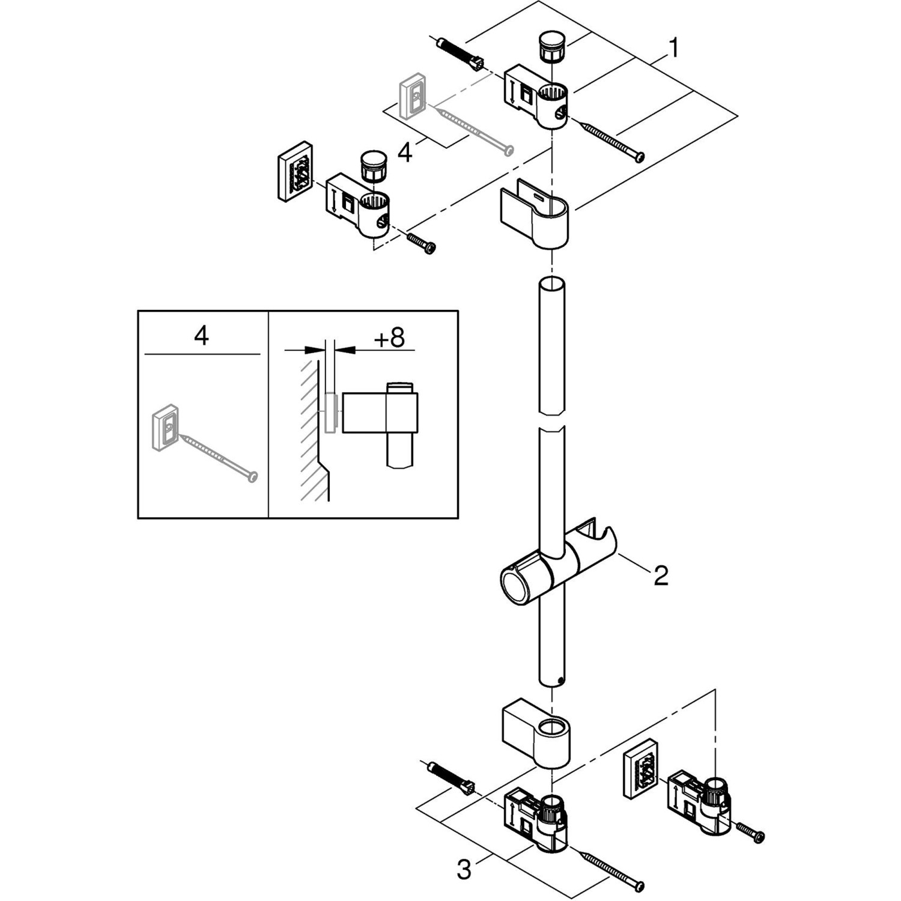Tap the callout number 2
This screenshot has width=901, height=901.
660,575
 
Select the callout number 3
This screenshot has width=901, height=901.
464,869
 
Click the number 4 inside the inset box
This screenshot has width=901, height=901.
201,336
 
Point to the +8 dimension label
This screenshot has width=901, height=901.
389,338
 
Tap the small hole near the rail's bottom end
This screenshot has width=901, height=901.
560,680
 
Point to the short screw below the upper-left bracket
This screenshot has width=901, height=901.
422,243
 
